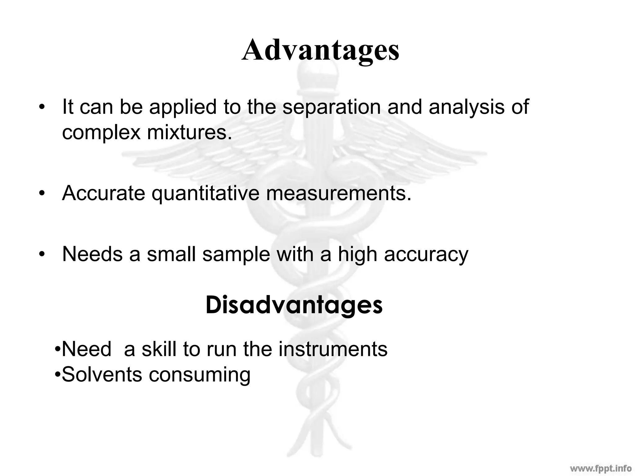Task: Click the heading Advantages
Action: (320, 51)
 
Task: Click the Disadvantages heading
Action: (294, 305)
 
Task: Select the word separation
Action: (331, 107)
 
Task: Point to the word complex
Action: (101, 133)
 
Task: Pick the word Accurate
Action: (104, 193)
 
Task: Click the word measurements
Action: (339, 193)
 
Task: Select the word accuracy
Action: (426, 255)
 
